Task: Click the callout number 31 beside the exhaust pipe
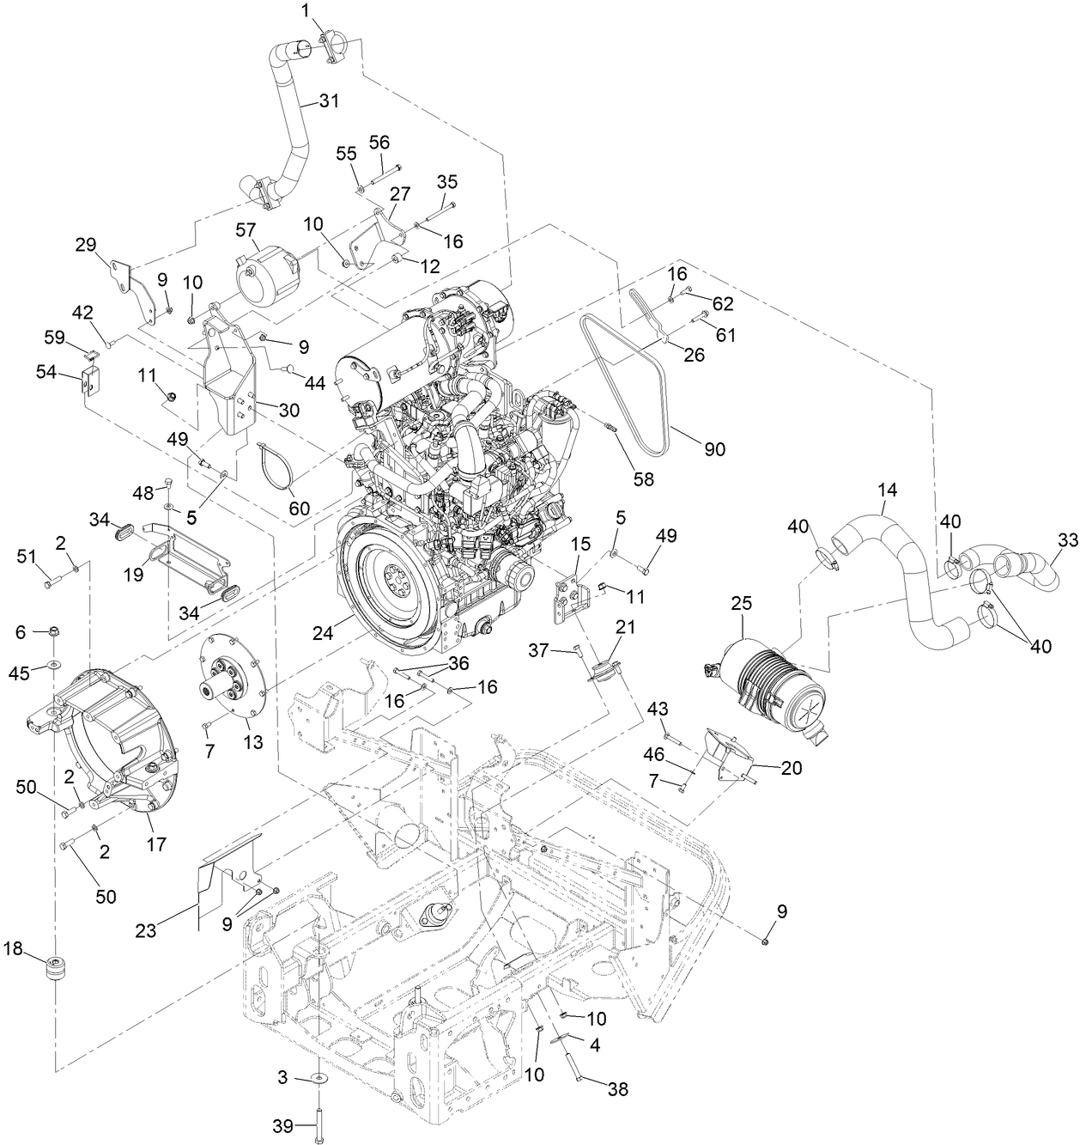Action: (x=329, y=100)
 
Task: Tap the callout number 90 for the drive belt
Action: (x=714, y=448)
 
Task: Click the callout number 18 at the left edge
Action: (x=13, y=948)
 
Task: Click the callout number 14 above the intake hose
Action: (x=888, y=490)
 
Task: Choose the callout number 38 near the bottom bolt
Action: (x=616, y=1089)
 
